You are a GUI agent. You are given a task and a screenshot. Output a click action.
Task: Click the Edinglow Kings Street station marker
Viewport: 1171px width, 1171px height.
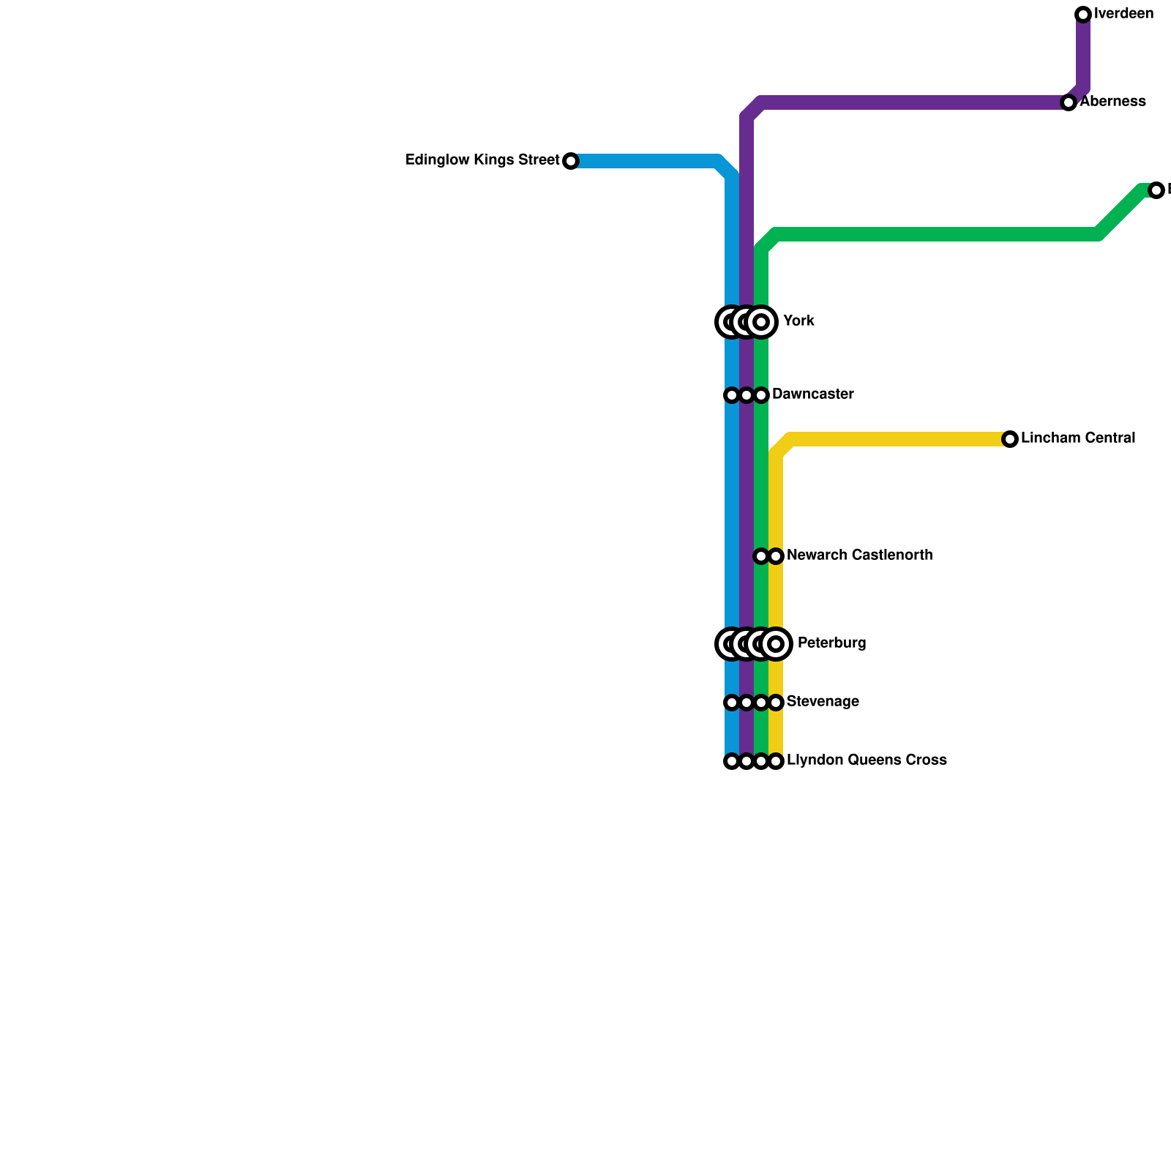tap(571, 161)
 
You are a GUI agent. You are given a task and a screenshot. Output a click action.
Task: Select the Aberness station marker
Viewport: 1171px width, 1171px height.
tap(1069, 102)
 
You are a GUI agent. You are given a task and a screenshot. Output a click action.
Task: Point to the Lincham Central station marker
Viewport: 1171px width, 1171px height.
tap(1010, 439)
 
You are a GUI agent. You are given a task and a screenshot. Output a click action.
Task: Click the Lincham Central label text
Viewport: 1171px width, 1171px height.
tap(1077, 438)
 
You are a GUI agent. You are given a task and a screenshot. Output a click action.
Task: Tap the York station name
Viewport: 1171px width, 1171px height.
tap(798, 321)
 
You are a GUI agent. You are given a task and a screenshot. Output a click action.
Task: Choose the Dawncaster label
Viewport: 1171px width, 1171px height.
tap(812, 394)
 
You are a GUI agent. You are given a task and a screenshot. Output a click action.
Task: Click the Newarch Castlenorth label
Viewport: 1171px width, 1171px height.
tap(859, 555)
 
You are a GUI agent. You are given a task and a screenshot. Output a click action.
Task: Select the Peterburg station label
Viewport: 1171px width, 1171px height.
tap(831, 643)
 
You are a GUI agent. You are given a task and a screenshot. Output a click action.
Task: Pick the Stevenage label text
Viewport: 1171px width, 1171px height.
tap(823, 702)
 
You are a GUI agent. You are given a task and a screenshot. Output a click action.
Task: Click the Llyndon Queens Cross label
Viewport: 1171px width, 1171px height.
tap(867, 760)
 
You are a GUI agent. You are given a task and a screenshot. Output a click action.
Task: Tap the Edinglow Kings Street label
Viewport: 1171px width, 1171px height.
tap(482, 160)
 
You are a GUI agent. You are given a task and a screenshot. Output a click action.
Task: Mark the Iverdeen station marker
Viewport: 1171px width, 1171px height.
tap(1083, 15)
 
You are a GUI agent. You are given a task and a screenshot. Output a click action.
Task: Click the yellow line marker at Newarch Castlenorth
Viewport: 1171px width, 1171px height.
tap(776, 556)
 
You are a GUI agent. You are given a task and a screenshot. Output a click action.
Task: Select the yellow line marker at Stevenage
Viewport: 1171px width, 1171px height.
tap(776, 703)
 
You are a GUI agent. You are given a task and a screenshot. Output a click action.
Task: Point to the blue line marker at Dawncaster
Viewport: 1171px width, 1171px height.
tap(732, 395)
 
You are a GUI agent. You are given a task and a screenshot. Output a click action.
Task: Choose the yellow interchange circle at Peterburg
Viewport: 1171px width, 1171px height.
tap(777, 644)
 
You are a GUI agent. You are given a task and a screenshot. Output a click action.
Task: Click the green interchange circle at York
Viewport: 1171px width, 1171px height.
tap(761, 322)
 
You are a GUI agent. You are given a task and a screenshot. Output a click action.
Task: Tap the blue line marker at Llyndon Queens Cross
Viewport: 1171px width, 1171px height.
tap(732, 761)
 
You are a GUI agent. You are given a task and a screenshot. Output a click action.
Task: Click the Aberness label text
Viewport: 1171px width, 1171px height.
tap(1112, 102)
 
